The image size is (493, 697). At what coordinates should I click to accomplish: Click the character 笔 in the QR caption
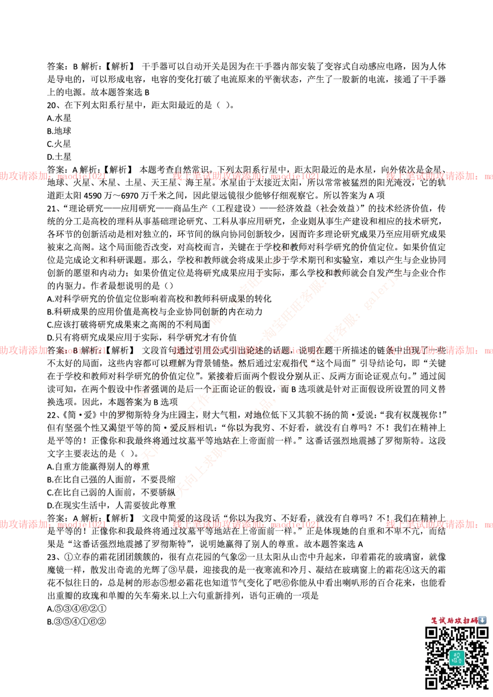(434, 621)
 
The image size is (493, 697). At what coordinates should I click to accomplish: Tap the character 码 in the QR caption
(474, 621)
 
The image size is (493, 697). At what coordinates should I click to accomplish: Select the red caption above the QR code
(454, 621)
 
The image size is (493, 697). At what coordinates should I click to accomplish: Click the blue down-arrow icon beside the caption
(483, 621)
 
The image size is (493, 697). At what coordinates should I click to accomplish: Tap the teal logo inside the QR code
(457, 658)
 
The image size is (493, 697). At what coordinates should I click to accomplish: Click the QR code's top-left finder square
(432, 634)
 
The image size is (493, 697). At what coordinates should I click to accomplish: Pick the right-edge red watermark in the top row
(439, 176)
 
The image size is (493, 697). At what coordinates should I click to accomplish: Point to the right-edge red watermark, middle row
(439, 351)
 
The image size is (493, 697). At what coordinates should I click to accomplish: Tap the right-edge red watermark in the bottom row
(439, 524)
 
